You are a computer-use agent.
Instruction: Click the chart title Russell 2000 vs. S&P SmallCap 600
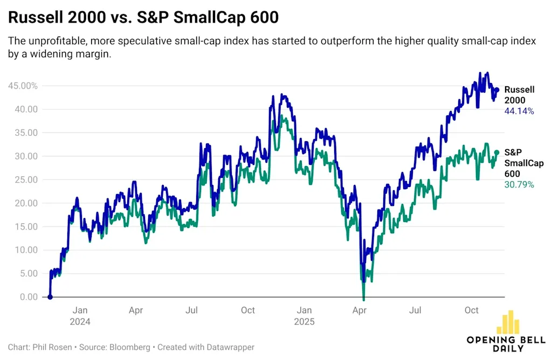click(143, 18)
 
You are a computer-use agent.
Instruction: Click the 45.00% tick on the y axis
click(23, 86)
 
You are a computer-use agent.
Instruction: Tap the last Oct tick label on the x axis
click(472, 310)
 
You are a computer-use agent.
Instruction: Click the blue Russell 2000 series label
click(519, 95)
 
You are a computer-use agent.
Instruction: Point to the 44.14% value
click(519, 112)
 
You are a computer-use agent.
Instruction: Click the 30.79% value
click(519, 184)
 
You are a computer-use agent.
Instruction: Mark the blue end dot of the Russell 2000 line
click(497, 90)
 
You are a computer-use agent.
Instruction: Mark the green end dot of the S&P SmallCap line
click(497, 153)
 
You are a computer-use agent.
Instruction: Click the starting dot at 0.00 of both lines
click(50, 297)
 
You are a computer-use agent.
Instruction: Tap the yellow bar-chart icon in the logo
click(508, 323)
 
